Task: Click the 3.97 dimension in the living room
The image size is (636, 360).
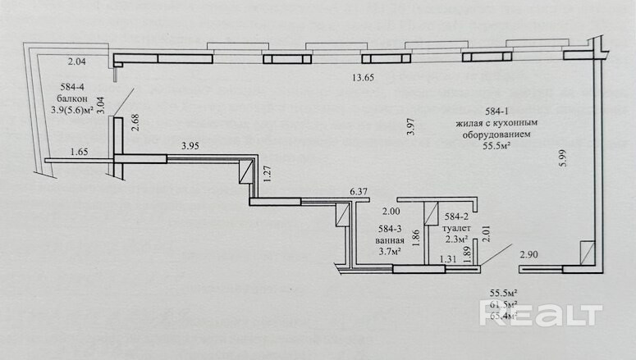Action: pyautogui.click(x=411, y=127)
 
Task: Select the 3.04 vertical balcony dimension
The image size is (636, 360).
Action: pyautogui.click(x=100, y=103)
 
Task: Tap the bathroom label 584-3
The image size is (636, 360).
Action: pyautogui.click(x=390, y=230)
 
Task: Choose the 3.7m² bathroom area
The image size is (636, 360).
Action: pyautogui.click(x=390, y=252)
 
